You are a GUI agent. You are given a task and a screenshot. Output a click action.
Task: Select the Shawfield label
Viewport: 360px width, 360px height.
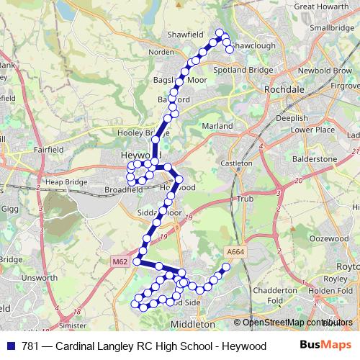(x=182, y=34)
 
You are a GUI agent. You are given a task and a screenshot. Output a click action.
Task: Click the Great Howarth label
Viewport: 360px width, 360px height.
(x=320, y=6)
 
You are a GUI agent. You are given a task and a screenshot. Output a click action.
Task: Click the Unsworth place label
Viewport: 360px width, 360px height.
(x=40, y=277)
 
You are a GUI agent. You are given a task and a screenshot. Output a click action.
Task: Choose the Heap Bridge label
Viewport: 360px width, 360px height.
(x=63, y=183)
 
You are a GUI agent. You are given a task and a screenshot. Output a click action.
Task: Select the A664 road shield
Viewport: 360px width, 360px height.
(x=235, y=251)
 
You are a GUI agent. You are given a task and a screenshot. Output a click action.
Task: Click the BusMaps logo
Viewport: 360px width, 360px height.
(x=325, y=346)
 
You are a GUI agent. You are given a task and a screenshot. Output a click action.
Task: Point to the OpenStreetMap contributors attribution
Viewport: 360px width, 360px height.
(x=294, y=323)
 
